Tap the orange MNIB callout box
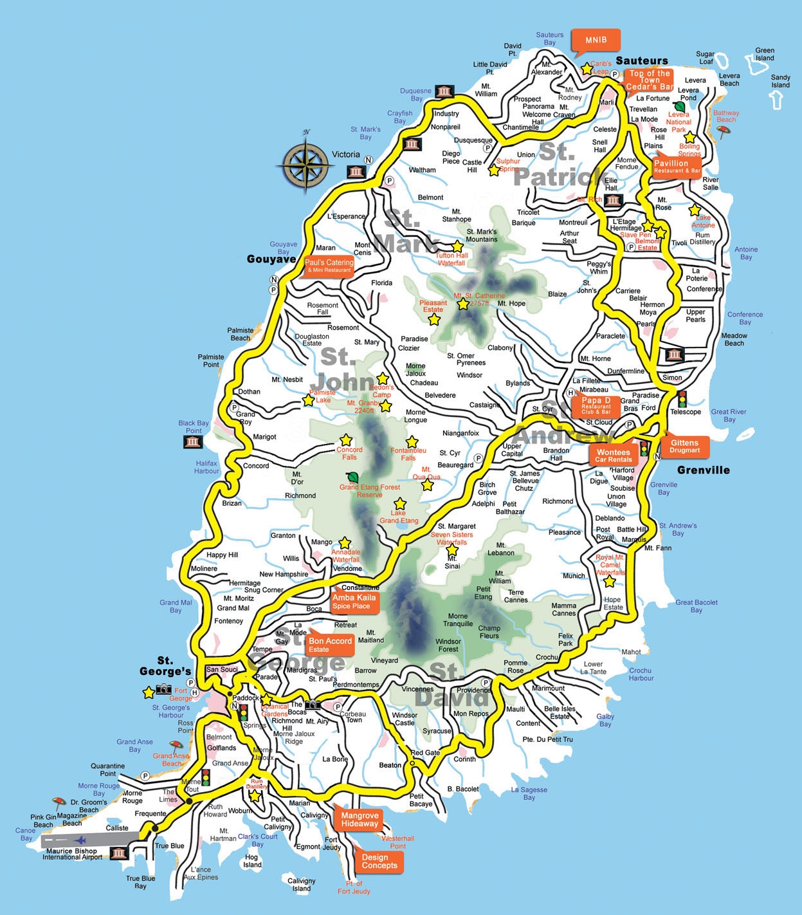[596, 40]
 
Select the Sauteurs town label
[641, 60]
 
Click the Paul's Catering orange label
[329, 266]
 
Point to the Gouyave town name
[271, 259]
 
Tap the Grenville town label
[703, 470]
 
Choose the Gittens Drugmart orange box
[684, 446]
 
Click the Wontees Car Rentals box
[613, 456]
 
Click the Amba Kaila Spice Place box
[352, 601]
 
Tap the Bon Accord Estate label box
[330, 644]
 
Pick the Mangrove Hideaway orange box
[360, 819]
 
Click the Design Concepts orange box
[379, 861]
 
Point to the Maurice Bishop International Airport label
[72, 854]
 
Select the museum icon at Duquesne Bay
[444, 91]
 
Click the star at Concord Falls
[346, 440]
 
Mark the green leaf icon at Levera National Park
[679, 106]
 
